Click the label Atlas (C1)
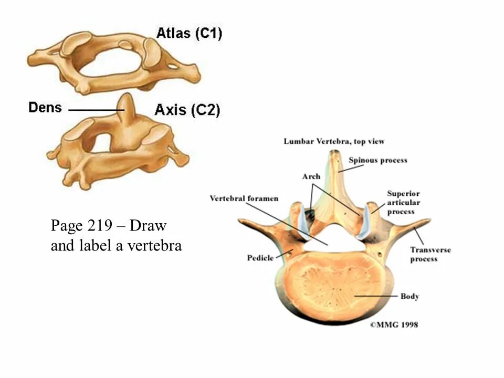pos(189,34)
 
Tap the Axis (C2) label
pos(187,110)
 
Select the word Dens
pos(45,108)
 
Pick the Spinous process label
pos(378,160)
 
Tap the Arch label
pos(311,177)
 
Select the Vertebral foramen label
pos(244,198)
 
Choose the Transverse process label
pos(430,254)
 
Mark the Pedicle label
pos(260,258)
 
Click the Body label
pos(409,297)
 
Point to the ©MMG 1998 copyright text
pos(394,325)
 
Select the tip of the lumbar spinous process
pos(333,154)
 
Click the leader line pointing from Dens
pos(94,110)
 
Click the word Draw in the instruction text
pos(148,226)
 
